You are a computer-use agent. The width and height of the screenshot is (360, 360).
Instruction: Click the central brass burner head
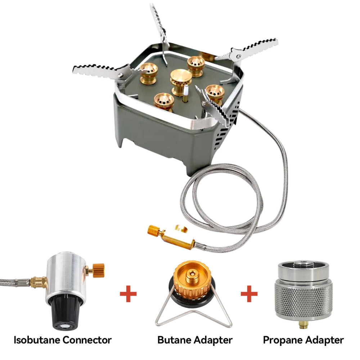click(x=181, y=81)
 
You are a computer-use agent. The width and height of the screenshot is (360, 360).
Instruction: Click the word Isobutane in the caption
click(x=37, y=340)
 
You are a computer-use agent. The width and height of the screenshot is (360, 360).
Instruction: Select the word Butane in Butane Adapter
click(x=174, y=340)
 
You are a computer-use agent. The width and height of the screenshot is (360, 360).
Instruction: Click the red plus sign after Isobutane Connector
click(x=129, y=294)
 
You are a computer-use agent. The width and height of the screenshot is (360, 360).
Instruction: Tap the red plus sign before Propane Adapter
click(x=249, y=294)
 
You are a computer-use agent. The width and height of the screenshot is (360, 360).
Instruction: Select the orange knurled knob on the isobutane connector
click(x=99, y=270)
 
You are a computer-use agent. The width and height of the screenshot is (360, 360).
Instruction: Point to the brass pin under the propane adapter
click(x=303, y=325)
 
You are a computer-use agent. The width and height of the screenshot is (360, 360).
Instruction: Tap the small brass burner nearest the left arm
click(x=149, y=73)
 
